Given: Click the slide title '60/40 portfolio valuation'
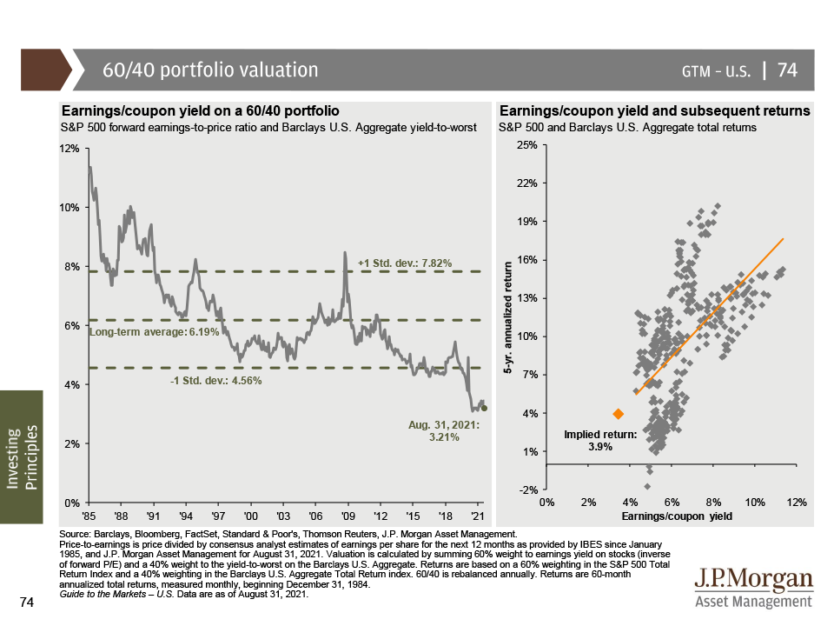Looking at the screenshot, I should point(210,70).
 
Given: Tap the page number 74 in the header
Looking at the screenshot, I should point(787,70).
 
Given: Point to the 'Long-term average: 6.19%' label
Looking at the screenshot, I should point(150,331).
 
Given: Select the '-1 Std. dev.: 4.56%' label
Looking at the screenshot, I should point(215,380).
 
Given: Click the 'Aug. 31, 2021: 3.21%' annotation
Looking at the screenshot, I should point(444,431).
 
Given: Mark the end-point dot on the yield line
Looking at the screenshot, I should point(484,408).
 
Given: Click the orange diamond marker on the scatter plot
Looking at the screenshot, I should point(618,414).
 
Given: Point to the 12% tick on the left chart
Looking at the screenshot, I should point(69,149).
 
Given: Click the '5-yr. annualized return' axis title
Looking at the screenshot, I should point(510,317).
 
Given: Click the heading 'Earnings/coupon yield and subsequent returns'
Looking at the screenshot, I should point(655,111).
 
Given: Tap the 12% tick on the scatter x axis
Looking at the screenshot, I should point(797,503).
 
